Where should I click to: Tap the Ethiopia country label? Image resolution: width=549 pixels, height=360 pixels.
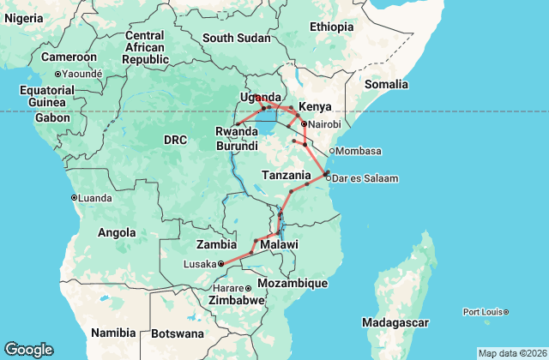(x=331, y=27)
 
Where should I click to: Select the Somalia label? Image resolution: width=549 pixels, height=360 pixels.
(x=387, y=84)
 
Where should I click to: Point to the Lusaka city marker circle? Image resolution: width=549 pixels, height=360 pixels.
(x=220, y=263)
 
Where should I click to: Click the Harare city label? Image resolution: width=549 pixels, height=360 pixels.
(x=227, y=288)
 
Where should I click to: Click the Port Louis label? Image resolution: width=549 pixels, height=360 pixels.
(x=482, y=311)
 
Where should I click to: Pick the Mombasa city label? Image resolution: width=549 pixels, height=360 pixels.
(x=358, y=151)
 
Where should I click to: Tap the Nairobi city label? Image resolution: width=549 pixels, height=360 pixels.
(x=324, y=124)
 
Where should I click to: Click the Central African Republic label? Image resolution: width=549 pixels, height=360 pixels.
(x=144, y=47)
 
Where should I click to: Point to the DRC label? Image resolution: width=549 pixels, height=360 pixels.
(x=175, y=139)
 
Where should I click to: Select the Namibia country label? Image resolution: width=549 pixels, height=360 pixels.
(x=115, y=332)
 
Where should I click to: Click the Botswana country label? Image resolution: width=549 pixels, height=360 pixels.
(x=179, y=333)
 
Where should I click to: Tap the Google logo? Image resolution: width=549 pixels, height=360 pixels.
(x=28, y=349)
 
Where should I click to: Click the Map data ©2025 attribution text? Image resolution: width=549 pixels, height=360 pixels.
(x=511, y=353)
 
